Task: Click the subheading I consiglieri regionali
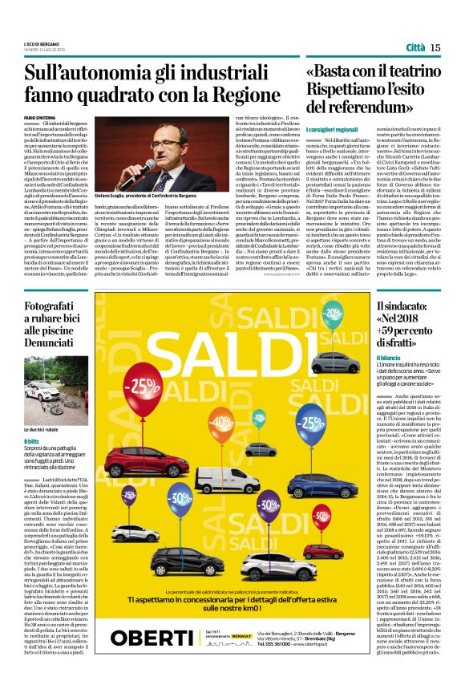click(x=332, y=129)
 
